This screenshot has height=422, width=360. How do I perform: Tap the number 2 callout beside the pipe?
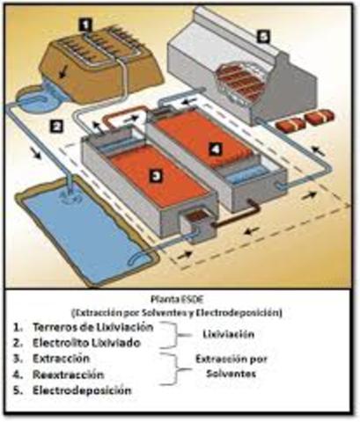[55, 127]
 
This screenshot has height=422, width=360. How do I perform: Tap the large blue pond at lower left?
[79, 224]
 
